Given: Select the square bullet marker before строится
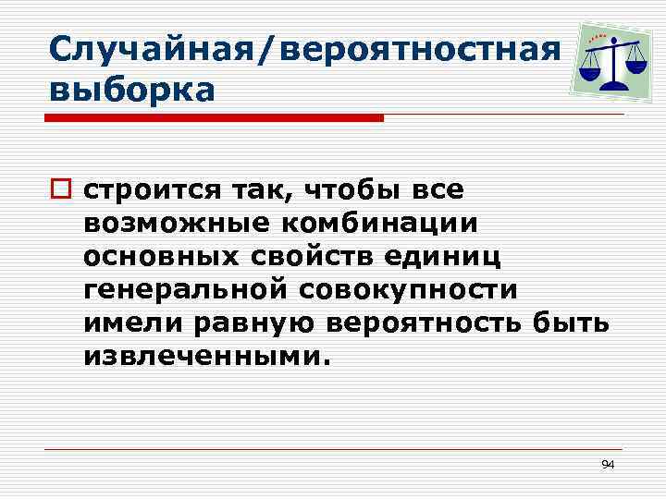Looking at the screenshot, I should pyautogui.click(x=63, y=191).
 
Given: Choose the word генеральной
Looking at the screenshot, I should pyautogui.click(x=186, y=289).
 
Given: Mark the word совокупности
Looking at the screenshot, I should pyautogui.click(x=407, y=289).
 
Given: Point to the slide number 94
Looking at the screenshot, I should pyautogui.click(x=608, y=464).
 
